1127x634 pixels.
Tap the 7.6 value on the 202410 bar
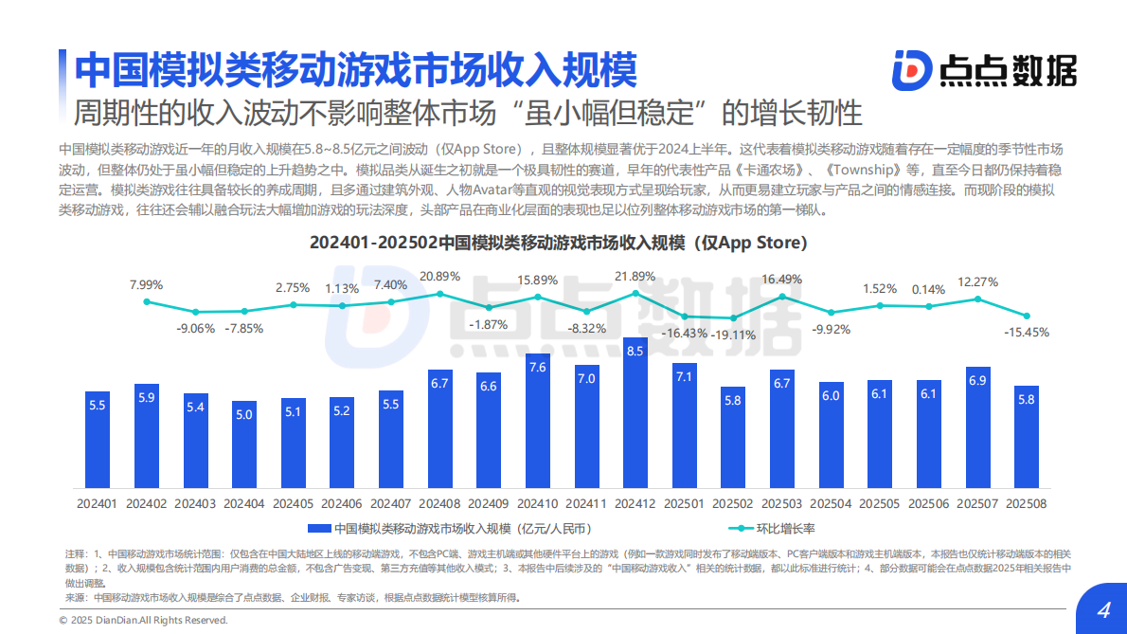537,367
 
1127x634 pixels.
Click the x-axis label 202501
684,503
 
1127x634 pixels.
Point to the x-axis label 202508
1027,503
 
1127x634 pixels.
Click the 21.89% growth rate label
635,277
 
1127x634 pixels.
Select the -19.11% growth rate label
734,335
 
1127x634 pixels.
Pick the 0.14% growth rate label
929,289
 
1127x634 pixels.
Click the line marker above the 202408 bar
439,294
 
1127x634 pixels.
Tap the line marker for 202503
782,297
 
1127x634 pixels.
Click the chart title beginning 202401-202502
558,243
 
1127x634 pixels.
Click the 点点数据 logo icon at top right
911,70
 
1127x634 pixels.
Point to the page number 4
1102,610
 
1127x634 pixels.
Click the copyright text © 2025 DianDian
143,620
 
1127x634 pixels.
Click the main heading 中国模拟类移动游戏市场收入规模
356,69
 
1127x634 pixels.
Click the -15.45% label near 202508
1026,333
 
